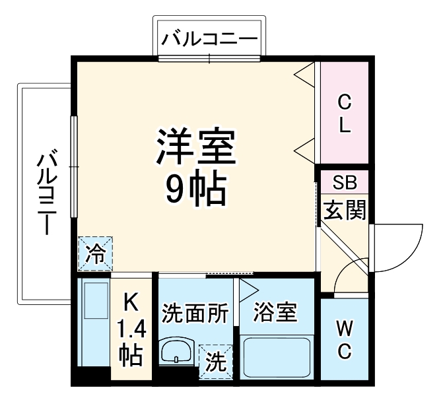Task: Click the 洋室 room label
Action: [x=196, y=147]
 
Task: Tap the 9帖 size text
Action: [x=196, y=189]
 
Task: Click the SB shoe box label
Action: [x=343, y=183]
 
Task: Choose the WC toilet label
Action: [x=344, y=339]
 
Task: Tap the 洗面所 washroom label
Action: [x=195, y=312]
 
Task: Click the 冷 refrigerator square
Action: [x=96, y=254]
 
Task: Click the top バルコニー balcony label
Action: [x=210, y=38]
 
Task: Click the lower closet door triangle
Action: [x=304, y=149]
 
